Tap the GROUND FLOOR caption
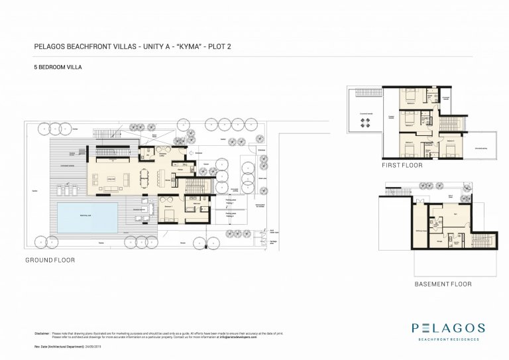tap(50, 261)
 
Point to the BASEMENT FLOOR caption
tap(443, 284)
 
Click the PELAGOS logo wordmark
tap(447, 328)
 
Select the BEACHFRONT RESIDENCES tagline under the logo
tap(447, 339)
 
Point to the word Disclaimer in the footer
tap(41, 333)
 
